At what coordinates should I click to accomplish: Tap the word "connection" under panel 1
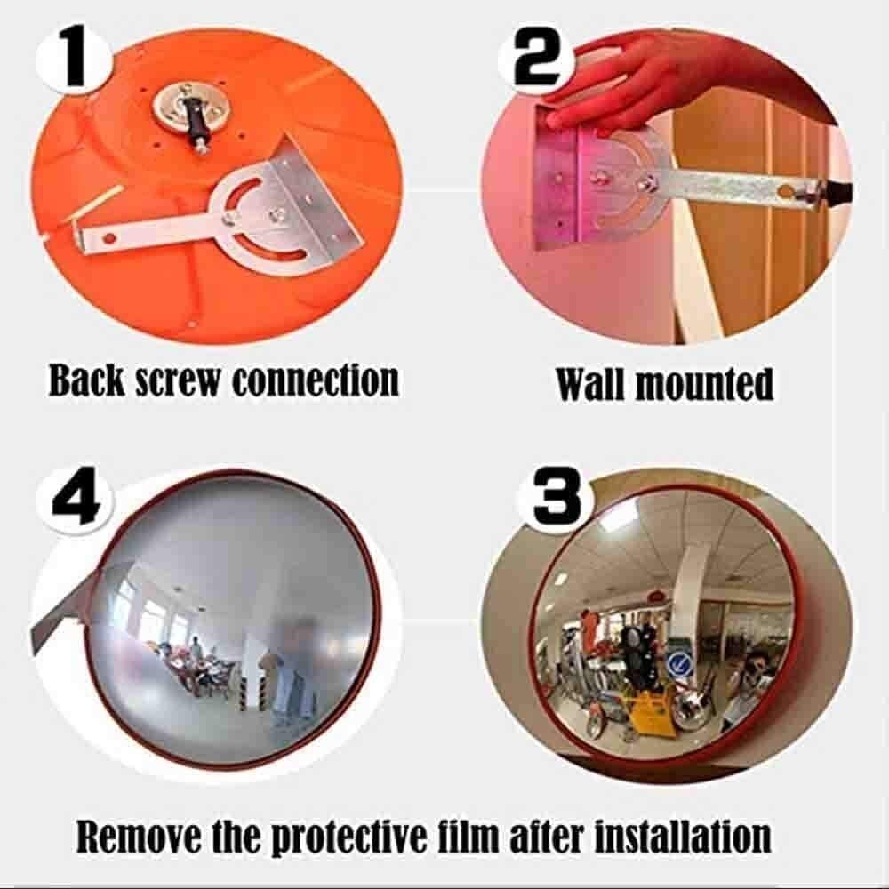[316, 380]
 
